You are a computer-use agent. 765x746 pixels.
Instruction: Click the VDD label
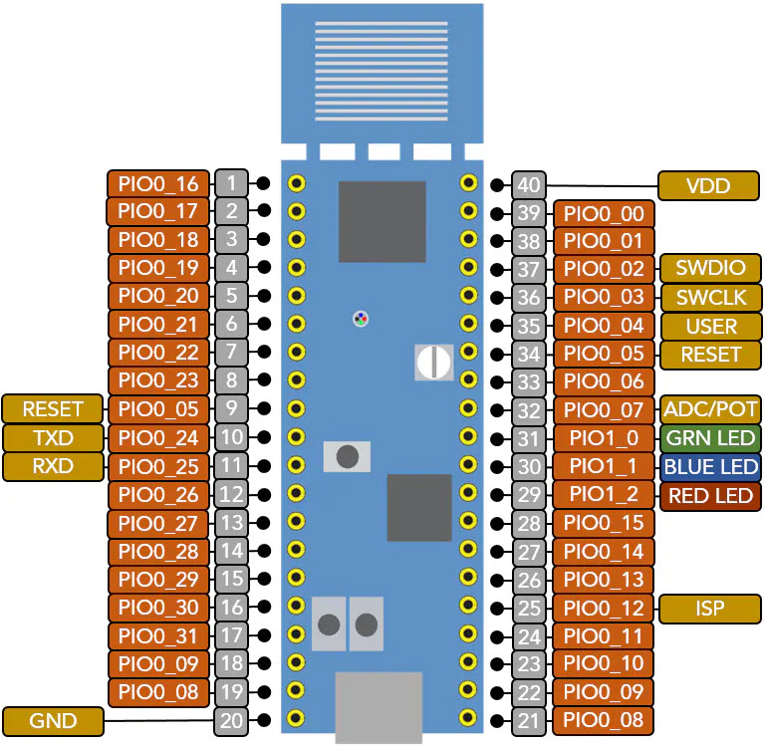709,185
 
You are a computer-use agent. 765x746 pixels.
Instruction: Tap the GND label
53,720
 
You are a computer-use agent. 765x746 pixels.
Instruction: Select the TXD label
53,437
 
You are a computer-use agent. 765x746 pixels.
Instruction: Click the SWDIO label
709,269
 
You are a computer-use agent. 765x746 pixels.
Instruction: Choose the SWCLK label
709,297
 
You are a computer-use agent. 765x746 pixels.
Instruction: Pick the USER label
709,326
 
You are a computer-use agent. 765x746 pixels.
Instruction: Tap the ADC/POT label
709,409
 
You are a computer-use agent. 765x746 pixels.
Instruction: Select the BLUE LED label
709,466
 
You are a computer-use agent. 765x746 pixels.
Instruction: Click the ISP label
709,608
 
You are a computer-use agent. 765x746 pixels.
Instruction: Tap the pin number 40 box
529,184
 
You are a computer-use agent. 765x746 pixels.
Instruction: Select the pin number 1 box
231,183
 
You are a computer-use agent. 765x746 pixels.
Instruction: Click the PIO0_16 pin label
158,184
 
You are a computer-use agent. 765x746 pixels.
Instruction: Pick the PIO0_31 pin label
158,635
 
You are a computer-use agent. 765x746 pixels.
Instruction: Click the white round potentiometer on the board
433,362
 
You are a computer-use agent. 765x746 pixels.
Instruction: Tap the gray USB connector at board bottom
379,706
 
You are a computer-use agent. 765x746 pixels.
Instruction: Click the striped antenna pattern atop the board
382,70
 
